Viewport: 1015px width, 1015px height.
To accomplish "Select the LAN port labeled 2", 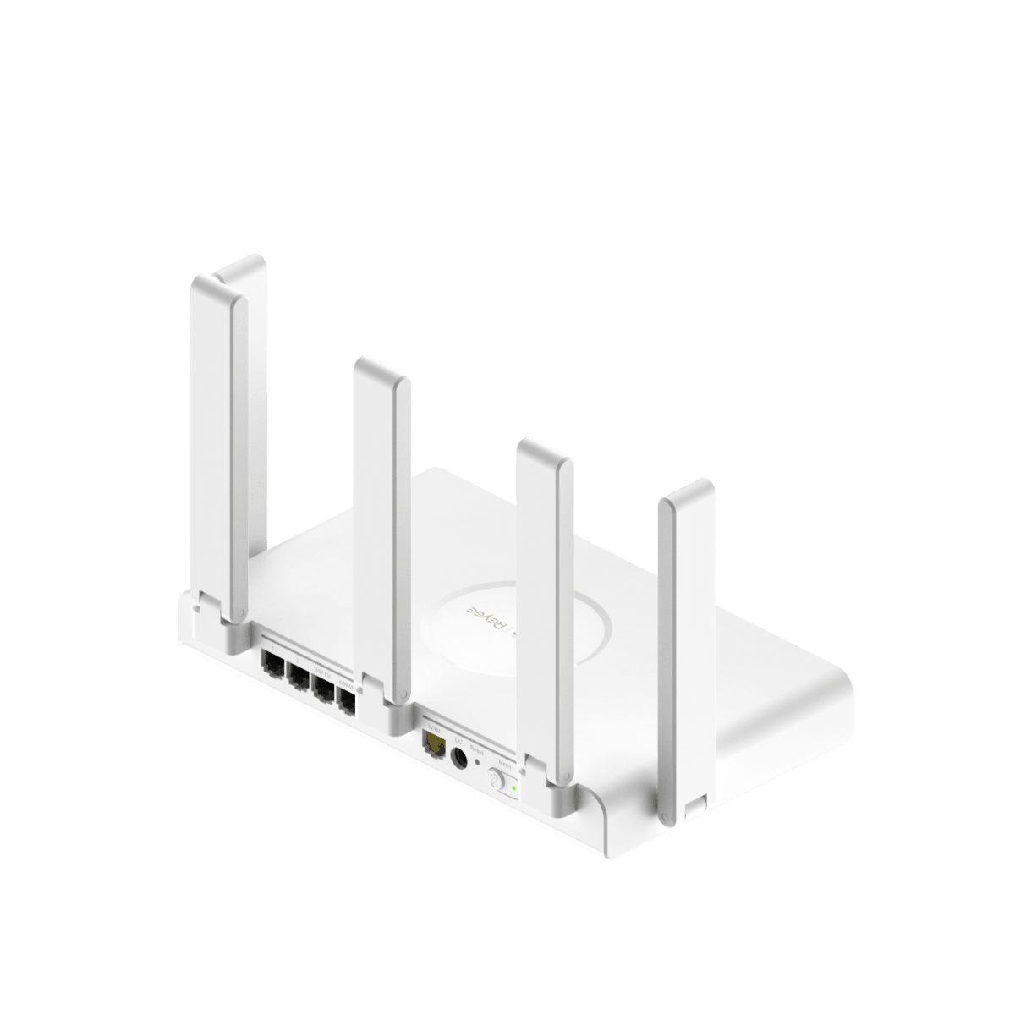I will pos(299,677).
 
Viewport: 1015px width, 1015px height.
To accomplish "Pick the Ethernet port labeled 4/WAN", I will pos(346,699).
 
